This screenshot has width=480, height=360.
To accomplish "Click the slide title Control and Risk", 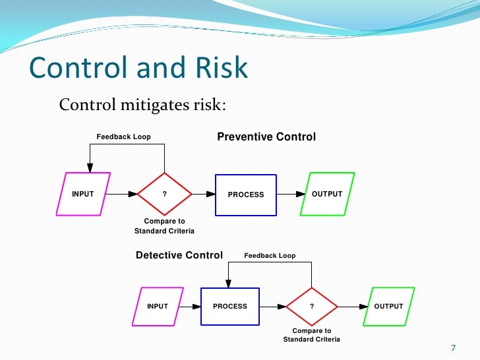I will click(138, 69).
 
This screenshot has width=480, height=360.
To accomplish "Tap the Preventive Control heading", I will click(266, 137).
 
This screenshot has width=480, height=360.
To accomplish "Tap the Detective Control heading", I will click(179, 255).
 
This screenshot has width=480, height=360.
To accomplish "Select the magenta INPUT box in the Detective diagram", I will click(158, 307).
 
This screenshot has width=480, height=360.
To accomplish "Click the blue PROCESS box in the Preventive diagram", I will click(246, 195).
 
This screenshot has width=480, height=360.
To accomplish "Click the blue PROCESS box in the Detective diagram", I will click(230, 307).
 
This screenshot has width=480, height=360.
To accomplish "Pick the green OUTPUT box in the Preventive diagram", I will click(327, 195).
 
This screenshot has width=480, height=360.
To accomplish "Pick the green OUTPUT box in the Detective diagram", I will click(388, 307).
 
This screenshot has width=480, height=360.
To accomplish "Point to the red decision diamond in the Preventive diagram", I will click(164, 195).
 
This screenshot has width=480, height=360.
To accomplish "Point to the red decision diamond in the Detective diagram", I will click(312, 307).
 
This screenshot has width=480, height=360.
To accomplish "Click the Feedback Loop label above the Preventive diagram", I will click(124, 137).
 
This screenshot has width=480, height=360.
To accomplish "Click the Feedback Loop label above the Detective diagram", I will click(270, 256).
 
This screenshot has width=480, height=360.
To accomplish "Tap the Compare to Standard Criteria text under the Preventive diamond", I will click(164, 226).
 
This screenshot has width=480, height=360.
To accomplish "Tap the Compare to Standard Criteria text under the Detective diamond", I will click(312, 335).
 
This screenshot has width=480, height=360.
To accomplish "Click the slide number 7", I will click(453, 348).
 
